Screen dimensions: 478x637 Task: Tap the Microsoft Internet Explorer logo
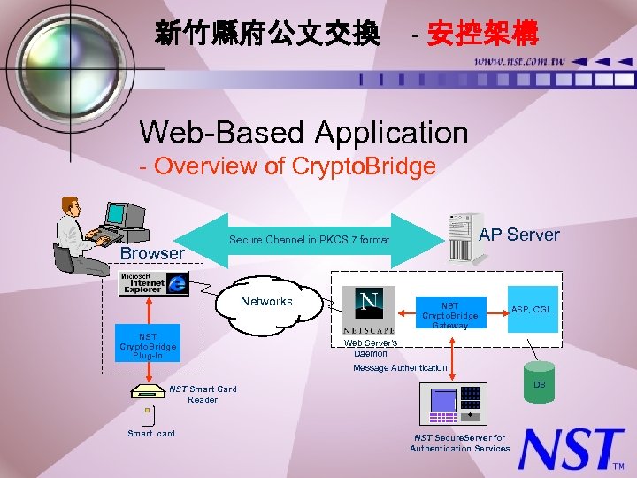[x=154, y=282]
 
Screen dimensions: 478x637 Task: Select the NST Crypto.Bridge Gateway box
[x=449, y=312]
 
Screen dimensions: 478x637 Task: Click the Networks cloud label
[x=266, y=302]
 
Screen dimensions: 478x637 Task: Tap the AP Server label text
[x=519, y=235]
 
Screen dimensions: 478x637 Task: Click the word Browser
[x=152, y=254]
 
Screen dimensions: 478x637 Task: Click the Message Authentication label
[x=400, y=367]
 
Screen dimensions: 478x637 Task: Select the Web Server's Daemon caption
[x=371, y=348]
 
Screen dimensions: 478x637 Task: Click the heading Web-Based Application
[x=303, y=133]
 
